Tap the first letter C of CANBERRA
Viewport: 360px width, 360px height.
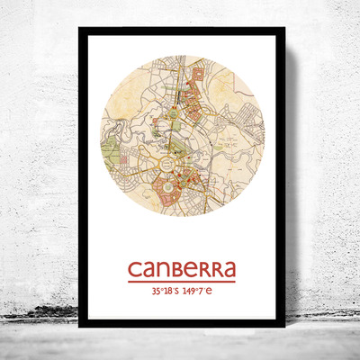click(135, 270)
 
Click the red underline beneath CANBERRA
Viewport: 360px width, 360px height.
click(181, 283)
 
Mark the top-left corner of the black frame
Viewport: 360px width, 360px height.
click(79, 29)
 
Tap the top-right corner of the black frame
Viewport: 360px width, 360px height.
click(283, 29)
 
